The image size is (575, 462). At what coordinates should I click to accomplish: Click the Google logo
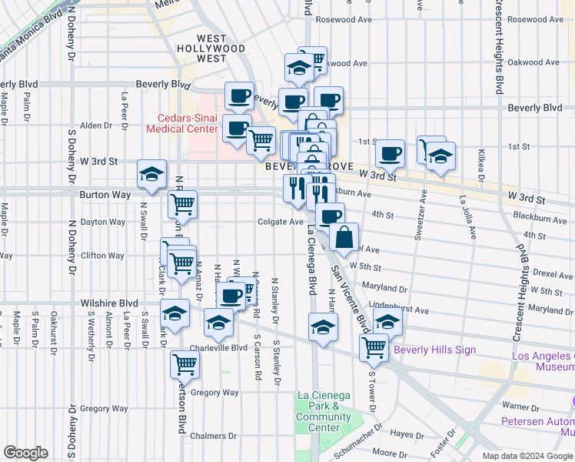tap(25, 453)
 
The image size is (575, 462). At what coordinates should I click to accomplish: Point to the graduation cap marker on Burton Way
tap(151, 174)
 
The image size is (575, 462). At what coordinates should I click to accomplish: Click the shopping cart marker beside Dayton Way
tap(183, 205)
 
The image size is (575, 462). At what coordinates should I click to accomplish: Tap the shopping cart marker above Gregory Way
tap(184, 364)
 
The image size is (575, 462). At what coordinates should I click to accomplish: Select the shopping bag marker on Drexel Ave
tap(345, 237)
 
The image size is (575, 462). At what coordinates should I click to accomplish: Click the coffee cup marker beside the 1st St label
tap(391, 153)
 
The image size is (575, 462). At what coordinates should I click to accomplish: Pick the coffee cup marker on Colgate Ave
tap(330, 216)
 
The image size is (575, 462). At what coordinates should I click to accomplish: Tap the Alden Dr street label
tap(96, 125)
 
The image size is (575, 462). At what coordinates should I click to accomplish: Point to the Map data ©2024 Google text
tap(527, 456)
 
